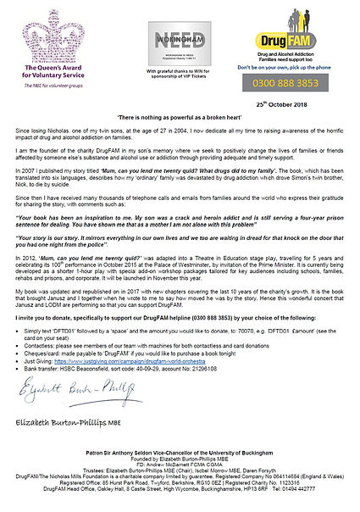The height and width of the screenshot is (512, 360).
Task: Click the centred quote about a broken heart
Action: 180,116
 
